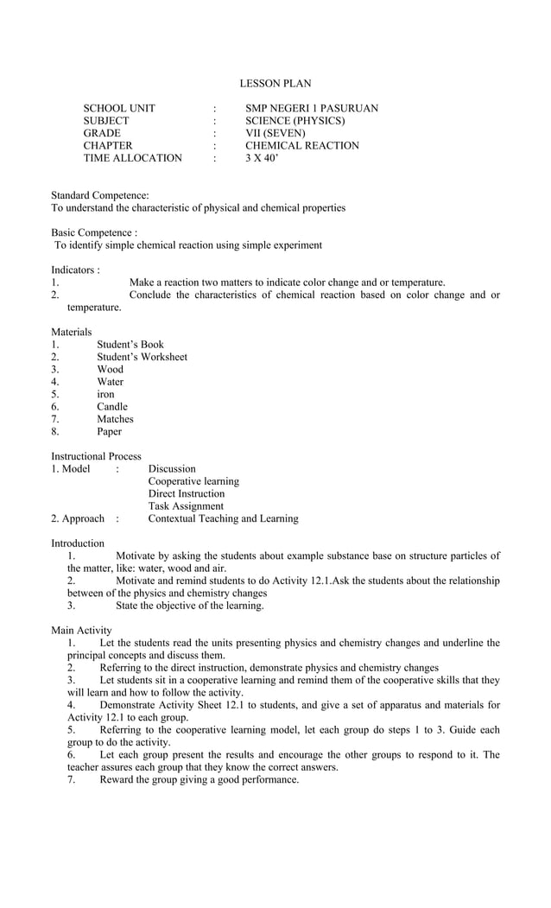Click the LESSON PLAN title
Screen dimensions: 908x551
pyautogui.click(x=275, y=84)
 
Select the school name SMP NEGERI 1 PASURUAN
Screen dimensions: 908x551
pyautogui.click(x=311, y=109)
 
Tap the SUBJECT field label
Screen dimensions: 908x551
pyautogui.click(x=105, y=121)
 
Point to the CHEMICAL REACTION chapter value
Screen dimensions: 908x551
pyautogui.click(x=301, y=146)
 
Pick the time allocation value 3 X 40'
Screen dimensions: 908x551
pyautogui.click(x=262, y=158)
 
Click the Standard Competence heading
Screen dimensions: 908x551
pyautogui.click(x=100, y=196)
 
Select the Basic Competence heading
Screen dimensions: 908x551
pyautogui.click(x=94, y=233)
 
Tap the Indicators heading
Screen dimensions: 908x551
pyautogui.click(x=75, y=270)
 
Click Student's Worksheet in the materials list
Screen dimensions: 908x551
pyautogui.click(x=142, y=357)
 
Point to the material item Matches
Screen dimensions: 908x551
pyautogui.click(x=115, y=419)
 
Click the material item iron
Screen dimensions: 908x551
pyautogui.click(x=105, y=394)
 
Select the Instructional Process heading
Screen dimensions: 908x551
pyautogui.click(x=96, y=456)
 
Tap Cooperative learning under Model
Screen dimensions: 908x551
pyautogui.click(x=193, y=481)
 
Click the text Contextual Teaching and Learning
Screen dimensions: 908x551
pyautogui.click(x=223, y=518)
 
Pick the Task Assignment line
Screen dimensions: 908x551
pyautogui.click(x=186, y=506)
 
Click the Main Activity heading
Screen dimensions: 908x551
pyautogui.click(x=81, y=631)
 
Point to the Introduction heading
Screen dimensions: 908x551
pyautogui.click(x=78, y=543)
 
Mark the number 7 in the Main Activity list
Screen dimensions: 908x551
pyautogui.click(x=72, y=779)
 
